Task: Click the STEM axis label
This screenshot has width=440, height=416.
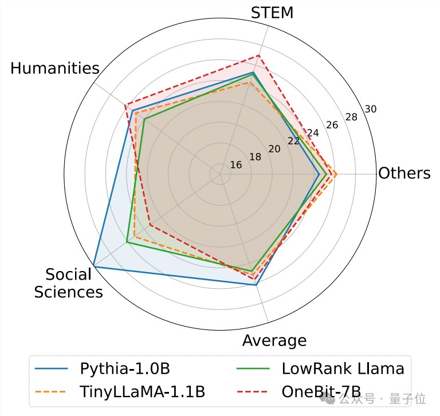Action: tap(272, 12)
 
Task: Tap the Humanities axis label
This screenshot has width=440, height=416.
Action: tap(55, 69)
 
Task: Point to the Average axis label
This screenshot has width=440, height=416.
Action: tap(274, 341)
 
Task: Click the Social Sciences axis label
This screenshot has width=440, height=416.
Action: tap(68, 283)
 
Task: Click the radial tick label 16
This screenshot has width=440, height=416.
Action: tap(235, 165)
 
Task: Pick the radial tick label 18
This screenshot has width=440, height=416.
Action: tap(255, 157)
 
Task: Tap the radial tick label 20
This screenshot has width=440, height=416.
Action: tap(274, 149)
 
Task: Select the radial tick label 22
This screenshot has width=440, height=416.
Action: tap(293, 141)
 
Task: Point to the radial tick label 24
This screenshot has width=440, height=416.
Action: tap(313, 133)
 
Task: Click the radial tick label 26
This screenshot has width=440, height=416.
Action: tap(332, 125)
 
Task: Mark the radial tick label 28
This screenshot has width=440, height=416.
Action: tap(351, 117)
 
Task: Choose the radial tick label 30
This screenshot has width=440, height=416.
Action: tap(370, 109)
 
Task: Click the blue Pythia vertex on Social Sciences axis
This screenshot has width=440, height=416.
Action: tap(94, 268)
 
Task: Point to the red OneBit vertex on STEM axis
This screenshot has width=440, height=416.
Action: tap(259, 56)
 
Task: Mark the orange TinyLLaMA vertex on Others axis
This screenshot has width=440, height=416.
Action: tap(336, 174)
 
